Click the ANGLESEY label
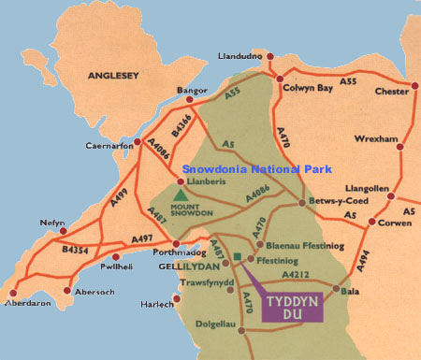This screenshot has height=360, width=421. click(x=112, y=72)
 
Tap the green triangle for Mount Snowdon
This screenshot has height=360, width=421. click(x=179, y=194)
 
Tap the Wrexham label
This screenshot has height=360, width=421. click(x=376, y=139)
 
